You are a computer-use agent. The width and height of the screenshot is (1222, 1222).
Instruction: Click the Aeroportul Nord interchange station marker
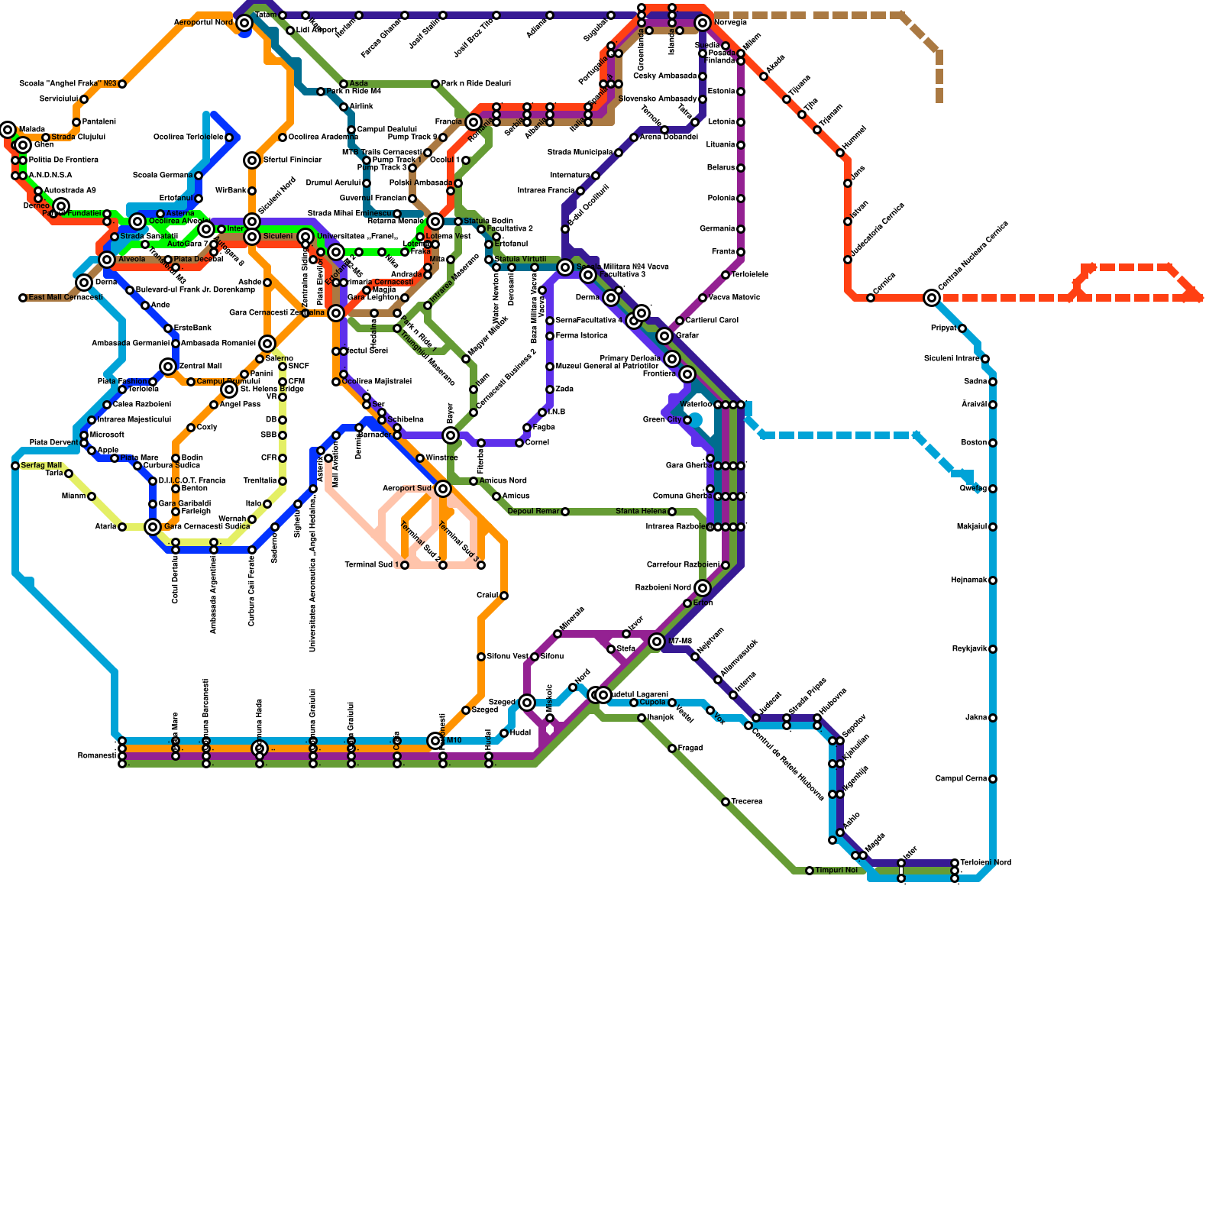(x=244, y=23)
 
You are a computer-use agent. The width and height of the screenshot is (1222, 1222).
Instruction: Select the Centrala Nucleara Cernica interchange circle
(x=932, y=298)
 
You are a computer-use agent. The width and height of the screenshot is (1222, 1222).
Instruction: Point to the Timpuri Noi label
(x=836, y=871)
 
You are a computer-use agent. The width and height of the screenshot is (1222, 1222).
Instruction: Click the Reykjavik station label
(x=970, y=649)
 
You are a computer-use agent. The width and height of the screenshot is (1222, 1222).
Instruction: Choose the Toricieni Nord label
(x=985, y=863)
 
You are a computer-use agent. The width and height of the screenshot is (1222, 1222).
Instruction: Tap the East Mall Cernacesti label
(x=65, y=298)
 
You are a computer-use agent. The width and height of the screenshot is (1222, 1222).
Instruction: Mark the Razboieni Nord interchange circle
(x=703, y=588)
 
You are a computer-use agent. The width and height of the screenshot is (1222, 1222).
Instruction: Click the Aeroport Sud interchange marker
(x=443, y=489)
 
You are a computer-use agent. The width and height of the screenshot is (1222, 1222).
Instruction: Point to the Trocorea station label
(x=747, y=802)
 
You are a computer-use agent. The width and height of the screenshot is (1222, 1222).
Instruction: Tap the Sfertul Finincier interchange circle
(x=252, y=160)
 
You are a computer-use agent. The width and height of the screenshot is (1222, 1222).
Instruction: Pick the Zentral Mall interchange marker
(x=168, y=367)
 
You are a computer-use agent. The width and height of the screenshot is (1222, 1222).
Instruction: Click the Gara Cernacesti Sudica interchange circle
(x=153, y=527)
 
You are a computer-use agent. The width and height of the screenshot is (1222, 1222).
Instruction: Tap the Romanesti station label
(x=96, y=756)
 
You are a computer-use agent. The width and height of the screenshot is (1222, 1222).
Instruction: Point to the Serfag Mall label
(x=41, y=466)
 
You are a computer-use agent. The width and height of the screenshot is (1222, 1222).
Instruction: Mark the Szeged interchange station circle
(x=527, y=703)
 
